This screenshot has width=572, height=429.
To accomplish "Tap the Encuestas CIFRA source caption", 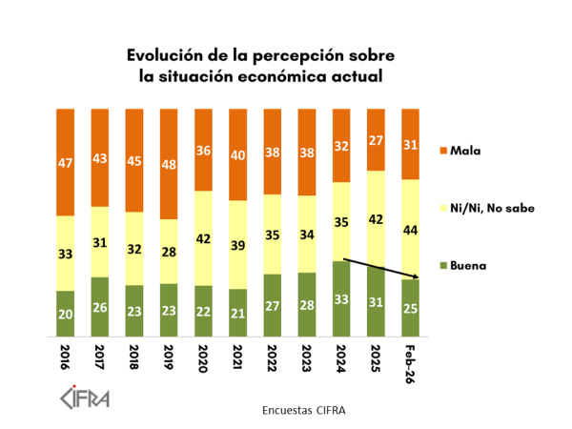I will click(303, 410).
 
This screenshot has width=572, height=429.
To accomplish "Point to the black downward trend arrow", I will click(380, 268).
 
